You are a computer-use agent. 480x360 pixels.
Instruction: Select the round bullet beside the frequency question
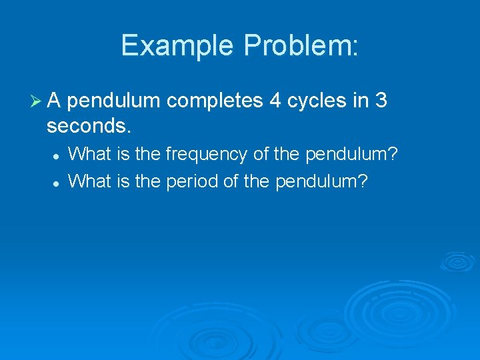[57, 155]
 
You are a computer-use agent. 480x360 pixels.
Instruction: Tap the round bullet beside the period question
[57, 181]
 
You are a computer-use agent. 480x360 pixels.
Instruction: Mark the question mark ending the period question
[363, 181]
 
